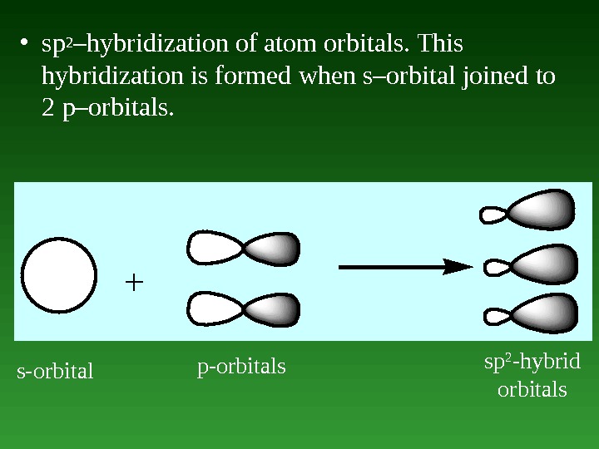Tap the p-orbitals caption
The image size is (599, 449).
pos(241,366)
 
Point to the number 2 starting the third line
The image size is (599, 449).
pos(47,109)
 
